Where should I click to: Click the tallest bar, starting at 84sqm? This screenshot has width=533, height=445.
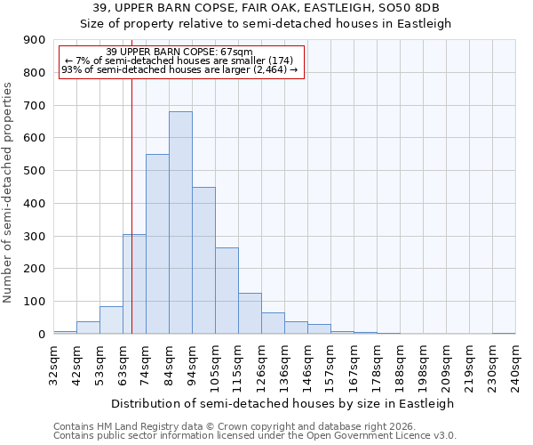180,222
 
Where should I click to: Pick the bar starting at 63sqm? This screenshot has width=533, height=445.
134,284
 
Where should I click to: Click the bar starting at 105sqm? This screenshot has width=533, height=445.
227,290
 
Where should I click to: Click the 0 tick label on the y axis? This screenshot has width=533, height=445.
42,335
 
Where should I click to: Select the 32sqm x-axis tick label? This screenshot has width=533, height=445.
53,364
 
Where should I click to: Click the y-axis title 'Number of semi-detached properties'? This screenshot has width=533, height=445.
9,191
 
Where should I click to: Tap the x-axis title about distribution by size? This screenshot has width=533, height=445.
283,403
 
